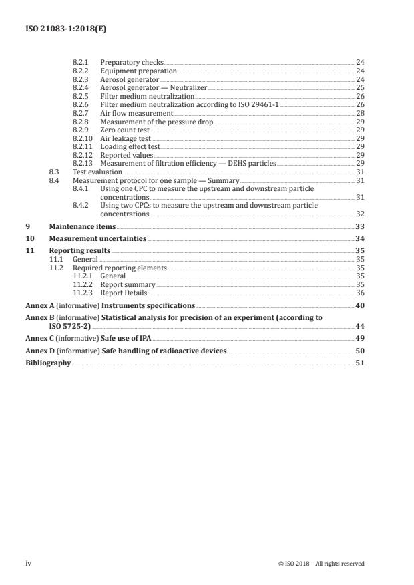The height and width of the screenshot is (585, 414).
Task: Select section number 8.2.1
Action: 80,62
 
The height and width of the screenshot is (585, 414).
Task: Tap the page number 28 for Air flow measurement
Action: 360,113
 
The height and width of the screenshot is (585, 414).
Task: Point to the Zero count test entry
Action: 124,130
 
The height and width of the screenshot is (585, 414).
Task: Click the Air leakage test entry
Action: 125,138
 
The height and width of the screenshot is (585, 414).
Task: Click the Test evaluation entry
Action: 97,172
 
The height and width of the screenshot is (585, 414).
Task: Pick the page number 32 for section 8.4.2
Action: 360,214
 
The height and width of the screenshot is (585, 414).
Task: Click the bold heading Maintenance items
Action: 77,227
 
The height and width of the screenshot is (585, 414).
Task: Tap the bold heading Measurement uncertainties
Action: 93,238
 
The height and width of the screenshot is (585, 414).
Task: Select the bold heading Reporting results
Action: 79,250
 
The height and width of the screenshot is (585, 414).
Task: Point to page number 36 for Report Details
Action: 360,292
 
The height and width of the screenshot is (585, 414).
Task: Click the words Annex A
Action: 37,305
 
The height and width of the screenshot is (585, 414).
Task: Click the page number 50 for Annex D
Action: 360,351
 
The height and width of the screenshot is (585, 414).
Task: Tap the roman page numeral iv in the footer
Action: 28,564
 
